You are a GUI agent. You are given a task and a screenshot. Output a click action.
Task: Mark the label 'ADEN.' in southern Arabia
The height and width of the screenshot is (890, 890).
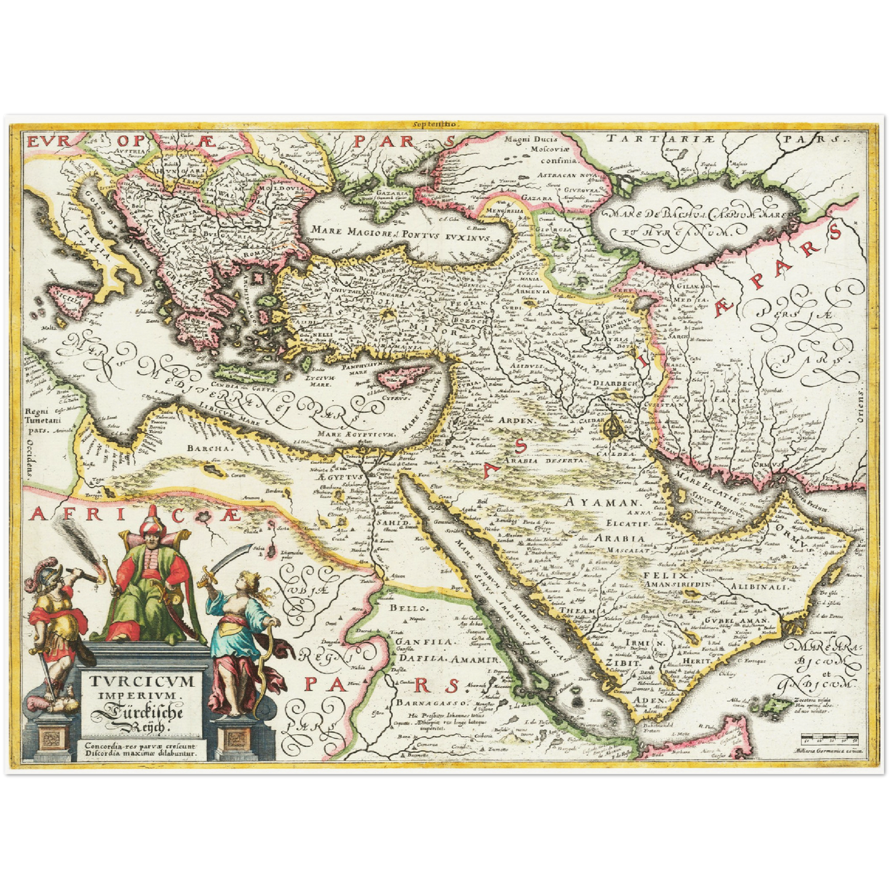point(649,700)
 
